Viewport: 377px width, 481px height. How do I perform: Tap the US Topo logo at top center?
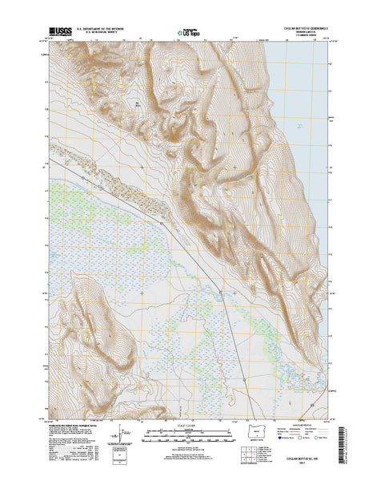tap(188, 34)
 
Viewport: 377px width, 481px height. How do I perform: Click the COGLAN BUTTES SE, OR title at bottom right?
tap(309, 461)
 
